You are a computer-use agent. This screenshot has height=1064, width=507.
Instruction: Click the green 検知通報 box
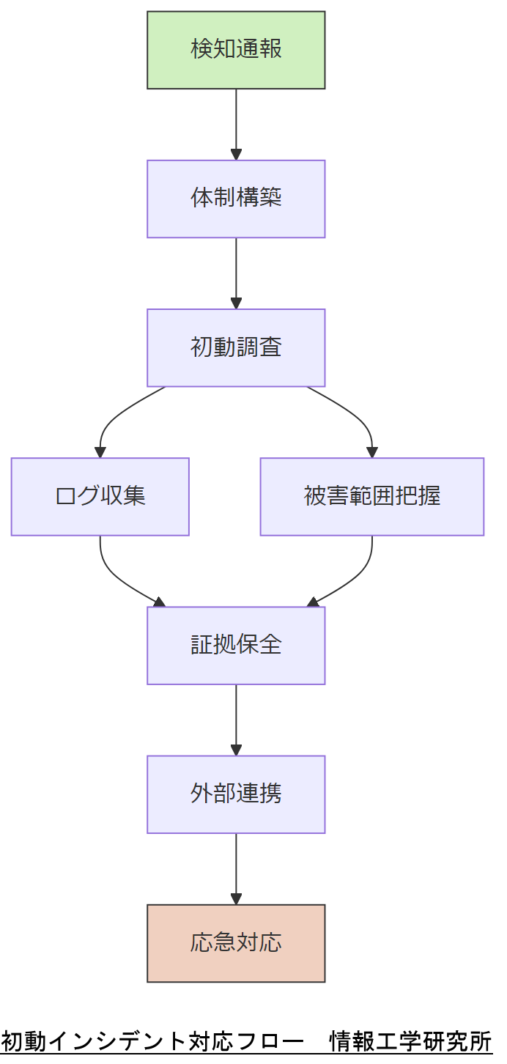click(x=236, y=50)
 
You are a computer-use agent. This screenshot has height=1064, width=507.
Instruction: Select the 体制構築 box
click(x=236, y=199)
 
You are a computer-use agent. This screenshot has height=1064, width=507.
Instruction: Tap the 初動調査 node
click(x=236, y=347)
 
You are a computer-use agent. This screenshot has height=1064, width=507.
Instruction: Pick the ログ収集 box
click(x=100, y=496)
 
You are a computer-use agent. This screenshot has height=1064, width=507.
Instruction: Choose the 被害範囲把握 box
click(x=371, y=496)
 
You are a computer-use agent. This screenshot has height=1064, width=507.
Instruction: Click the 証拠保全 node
click(x=236, y=645)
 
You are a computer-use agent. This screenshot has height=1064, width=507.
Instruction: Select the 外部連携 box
click(x=236, y=794)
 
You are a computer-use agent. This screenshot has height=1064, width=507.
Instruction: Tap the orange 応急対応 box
click(x=236, y=942)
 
